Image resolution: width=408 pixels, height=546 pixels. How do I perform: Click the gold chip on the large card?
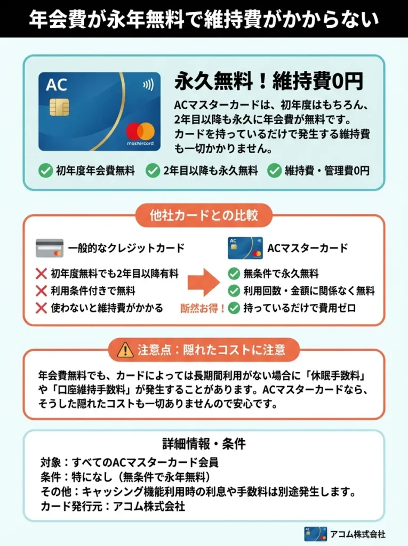pos(59,107)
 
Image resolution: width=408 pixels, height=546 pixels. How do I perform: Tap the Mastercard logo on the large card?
pos(140,131)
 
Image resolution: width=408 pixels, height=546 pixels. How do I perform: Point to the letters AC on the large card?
pos(57,85)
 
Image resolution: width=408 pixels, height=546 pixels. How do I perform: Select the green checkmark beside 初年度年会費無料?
pos(46,171)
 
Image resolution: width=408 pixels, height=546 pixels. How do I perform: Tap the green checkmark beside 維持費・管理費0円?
pos(274,171)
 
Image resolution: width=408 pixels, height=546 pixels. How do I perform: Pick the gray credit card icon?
pos(50,248)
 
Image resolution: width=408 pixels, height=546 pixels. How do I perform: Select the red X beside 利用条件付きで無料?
pos(41,291)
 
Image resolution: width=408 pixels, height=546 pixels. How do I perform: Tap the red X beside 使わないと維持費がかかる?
pos(41,308)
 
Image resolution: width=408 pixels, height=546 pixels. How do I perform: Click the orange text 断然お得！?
pos(203,308)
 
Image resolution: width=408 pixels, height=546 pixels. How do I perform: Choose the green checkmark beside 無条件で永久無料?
pos(234,274)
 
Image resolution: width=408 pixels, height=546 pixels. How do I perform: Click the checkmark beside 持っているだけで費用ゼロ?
pos(234,308)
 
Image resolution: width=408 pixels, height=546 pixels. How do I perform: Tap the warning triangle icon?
pos(125,350)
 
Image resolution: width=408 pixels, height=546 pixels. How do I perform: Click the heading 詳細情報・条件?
pos(204,444)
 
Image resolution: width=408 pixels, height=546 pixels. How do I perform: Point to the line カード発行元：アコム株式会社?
pos(113,507)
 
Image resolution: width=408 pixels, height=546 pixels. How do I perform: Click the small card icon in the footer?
pos(315,534)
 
